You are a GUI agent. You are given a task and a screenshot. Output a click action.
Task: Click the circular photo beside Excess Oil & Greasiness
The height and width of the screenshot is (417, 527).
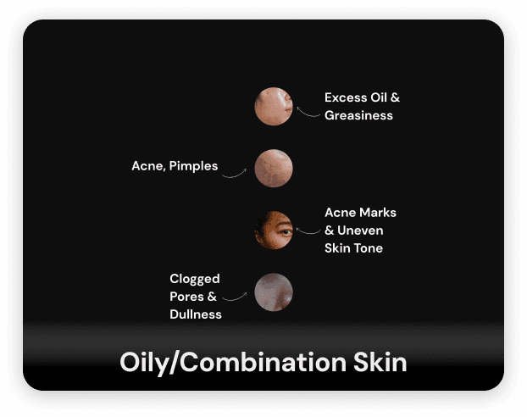point(274,107)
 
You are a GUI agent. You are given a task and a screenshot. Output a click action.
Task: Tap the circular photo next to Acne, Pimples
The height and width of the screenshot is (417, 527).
point(274,168)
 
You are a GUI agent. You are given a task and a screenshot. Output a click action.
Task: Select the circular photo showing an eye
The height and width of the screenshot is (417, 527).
point(274,230)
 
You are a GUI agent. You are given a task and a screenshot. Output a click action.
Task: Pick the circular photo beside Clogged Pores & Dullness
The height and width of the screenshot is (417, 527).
point(274,292)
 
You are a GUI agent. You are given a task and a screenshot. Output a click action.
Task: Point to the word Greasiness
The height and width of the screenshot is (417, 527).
point(358,115)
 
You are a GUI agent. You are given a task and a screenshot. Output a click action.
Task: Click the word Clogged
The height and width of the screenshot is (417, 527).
point(194,279)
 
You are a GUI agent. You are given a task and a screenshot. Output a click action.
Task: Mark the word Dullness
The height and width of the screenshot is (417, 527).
point(195,314)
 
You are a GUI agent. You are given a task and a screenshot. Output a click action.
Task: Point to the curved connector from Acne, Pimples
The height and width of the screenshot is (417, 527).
point(235,172)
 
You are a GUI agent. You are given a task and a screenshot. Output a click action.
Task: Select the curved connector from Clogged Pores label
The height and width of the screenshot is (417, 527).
point(235,297)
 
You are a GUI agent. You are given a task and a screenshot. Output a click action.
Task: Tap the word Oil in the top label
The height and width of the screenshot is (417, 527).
point(377,97)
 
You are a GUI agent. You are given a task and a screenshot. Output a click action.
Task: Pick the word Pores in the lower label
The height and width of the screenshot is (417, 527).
point(187,297)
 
